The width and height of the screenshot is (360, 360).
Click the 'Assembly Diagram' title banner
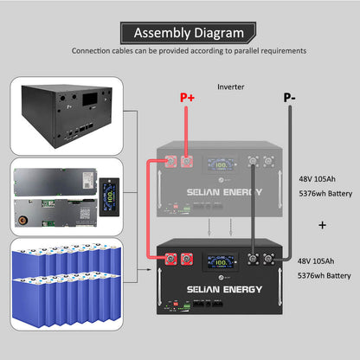coord(188,34)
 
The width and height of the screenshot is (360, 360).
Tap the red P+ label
coord(188,98)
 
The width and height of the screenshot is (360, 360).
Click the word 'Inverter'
coord(230,87)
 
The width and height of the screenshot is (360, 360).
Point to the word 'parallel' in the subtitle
coord(235,51)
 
